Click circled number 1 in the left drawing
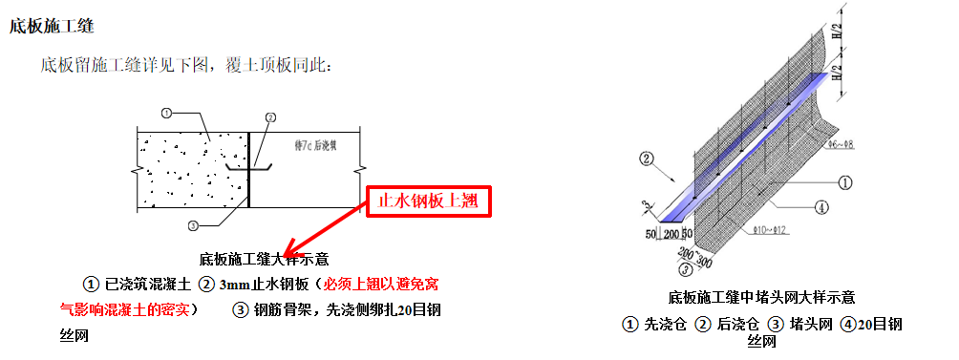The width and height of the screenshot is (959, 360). click(166, 113)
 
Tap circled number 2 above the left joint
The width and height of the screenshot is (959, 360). click(270, 117)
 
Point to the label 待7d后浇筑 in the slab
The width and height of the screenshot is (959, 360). click(317, 143)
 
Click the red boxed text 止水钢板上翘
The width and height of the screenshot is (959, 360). click(428, 201)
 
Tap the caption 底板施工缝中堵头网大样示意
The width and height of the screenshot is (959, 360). click(761, 298)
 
